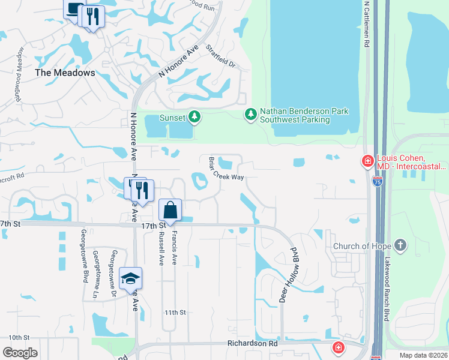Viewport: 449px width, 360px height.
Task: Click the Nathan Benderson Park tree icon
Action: tap(251, 113)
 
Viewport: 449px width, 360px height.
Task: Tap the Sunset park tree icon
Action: tap(194, 117)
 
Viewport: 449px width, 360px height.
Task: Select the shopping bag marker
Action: tap(170, 211)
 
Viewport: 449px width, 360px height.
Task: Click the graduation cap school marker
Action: tap(130, 279)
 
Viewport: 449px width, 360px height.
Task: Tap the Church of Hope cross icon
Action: tap(400, 245)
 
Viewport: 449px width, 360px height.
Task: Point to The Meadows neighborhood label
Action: tap(65, 73)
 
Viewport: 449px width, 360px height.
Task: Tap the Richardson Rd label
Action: tap(252, 344)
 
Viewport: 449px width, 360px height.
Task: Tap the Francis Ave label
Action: tap(175, 249)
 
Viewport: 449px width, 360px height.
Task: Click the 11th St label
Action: tap(176, 313)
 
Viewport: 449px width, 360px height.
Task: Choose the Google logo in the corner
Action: tap(20, 353)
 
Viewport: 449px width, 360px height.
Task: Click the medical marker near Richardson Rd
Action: tap(338, 347)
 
